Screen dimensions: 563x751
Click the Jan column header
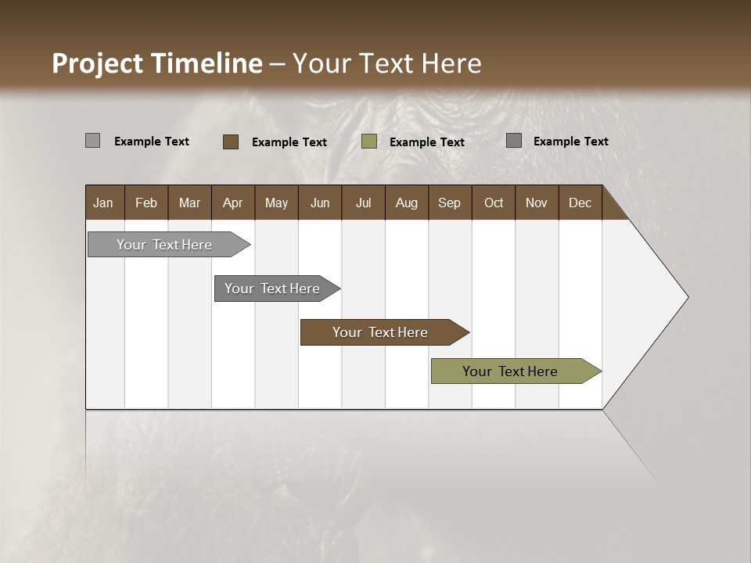pos(103,203)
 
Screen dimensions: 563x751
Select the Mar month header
pos(189,203)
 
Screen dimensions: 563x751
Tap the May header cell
pos(276,203)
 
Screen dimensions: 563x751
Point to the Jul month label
pos(363,203)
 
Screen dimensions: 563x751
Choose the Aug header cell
pos(406,203)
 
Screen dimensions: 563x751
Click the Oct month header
pos(493,203)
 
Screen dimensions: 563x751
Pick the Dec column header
pos(580,203)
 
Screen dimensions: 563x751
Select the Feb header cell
pos(146,203)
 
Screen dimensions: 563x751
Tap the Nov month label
pos(536,203)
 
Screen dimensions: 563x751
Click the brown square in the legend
pos(231,142)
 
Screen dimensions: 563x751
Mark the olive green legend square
pos(369,142)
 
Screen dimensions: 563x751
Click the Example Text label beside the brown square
pos(289,142)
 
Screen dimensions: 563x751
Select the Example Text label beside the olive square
pos(427,142)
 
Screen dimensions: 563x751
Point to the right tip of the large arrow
pos(686,297)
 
